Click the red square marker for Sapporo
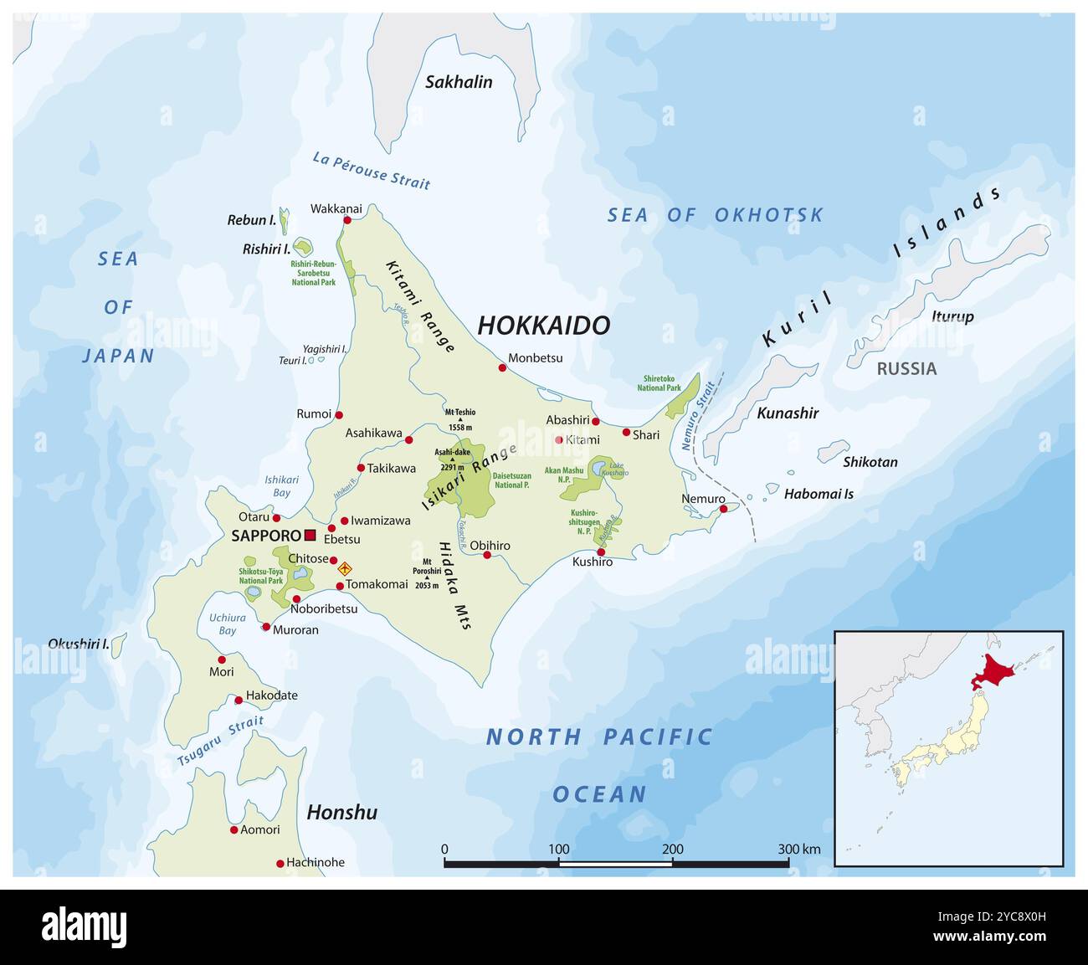310,536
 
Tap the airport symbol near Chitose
343,569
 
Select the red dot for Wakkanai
347,220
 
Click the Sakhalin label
459,82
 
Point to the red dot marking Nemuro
723,508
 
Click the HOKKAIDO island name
543,326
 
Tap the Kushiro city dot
600,552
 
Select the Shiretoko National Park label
659,383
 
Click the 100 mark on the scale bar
558,849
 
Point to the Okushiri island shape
119,644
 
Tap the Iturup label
952,316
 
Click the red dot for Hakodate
239,700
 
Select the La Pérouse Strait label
371,171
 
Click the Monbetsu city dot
502,367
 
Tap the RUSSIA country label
906,368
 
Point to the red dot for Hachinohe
280,863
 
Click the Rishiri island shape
302,247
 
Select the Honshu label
341,812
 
